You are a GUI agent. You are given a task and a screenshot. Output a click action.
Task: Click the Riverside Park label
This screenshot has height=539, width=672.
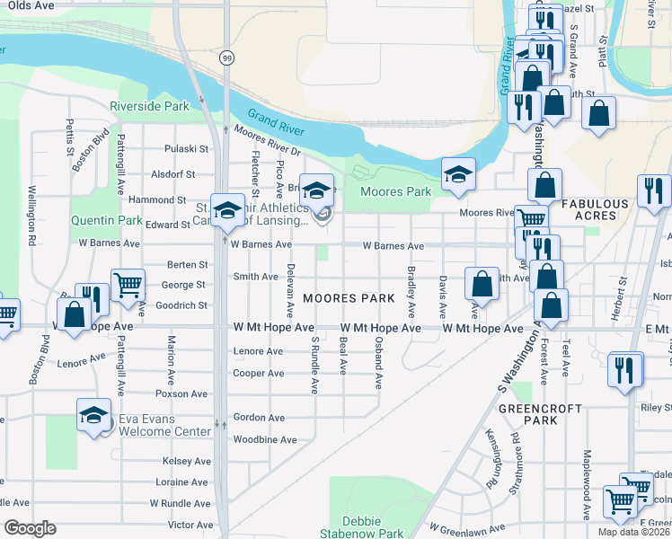coord(149,106)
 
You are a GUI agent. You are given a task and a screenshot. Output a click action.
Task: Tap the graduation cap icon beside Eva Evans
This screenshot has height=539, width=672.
coord(93,415)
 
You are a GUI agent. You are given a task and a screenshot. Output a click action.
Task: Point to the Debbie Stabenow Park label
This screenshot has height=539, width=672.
coord(362,527)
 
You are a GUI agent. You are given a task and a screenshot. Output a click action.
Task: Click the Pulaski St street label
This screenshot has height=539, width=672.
coord(186,149)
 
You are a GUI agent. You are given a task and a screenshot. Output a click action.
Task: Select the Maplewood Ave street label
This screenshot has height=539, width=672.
coord(586,485)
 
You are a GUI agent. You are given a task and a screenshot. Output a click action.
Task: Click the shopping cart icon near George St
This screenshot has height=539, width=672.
coord(128,285)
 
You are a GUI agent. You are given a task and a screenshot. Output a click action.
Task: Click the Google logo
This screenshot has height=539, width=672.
coord(30,528)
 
